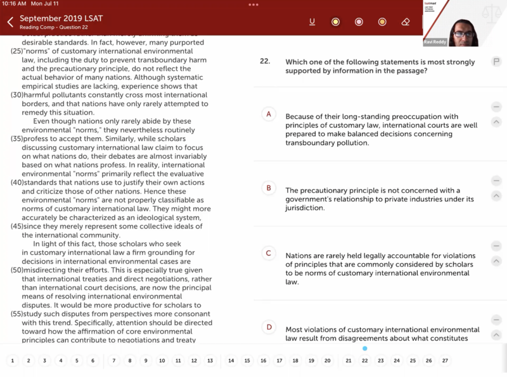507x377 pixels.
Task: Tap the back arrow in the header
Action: tap(10, 22)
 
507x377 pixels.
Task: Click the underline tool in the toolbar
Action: tap(312, 22)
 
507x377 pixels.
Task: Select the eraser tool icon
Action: tap(406, 22)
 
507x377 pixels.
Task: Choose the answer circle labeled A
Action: tap(269, 114)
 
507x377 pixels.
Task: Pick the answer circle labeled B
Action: tap(269, 188)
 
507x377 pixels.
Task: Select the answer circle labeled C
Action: tap(269, 253)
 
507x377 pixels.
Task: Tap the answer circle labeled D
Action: tap(269, 327)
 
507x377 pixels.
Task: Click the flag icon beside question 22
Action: tap(496, 61)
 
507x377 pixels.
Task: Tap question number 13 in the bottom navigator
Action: tap(210, 361)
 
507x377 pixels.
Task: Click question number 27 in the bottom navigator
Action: tap(445, 361)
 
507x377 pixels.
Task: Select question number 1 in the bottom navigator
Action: tap(12, 361)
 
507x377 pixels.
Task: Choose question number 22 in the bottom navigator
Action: tap(365, 361)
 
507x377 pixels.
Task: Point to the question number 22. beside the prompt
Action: tap(265, 62)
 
